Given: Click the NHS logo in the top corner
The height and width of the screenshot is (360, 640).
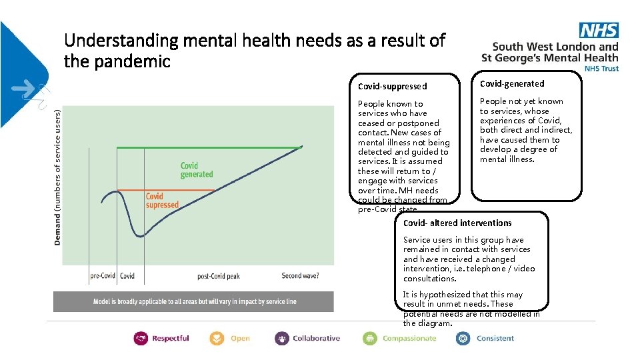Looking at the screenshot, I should coord(599,30).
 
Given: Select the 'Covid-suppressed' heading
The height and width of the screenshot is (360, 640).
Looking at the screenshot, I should coord(392,86).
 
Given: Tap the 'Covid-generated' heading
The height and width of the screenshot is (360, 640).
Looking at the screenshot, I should coord(512,83).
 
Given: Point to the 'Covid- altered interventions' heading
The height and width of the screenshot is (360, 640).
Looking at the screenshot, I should coord(457,223).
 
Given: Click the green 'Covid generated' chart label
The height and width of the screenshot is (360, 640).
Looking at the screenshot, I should coord(197,169).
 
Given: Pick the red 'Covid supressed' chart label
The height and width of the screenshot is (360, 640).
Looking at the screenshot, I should coord(162,201).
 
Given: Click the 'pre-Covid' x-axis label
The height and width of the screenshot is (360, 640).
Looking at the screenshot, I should coord(103,276).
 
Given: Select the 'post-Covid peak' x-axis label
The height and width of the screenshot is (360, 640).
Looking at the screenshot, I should coord(218,276).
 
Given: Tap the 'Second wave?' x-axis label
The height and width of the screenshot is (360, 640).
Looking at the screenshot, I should coord(300,276).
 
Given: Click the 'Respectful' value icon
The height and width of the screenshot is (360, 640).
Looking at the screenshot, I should coord(141,339).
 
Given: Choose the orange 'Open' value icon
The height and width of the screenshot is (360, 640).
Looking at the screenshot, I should coord(217,339).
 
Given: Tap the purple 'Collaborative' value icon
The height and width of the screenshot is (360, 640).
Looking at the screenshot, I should coord(282,339).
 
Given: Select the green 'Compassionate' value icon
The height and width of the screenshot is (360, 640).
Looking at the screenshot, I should coord(370,339).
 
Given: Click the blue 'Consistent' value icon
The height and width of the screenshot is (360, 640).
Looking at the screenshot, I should coord(463,339).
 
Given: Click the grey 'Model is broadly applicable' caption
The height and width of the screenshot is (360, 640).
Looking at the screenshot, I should coord(195,301).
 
